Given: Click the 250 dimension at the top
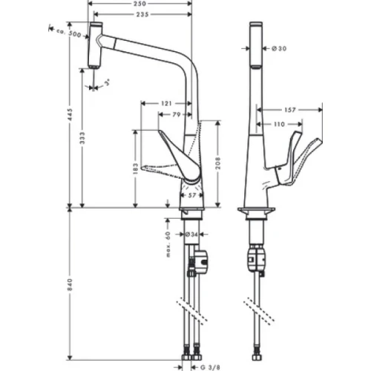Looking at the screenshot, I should (141, 4).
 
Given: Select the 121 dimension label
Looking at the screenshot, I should (167, 103).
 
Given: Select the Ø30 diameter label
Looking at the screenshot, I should (279, 48).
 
